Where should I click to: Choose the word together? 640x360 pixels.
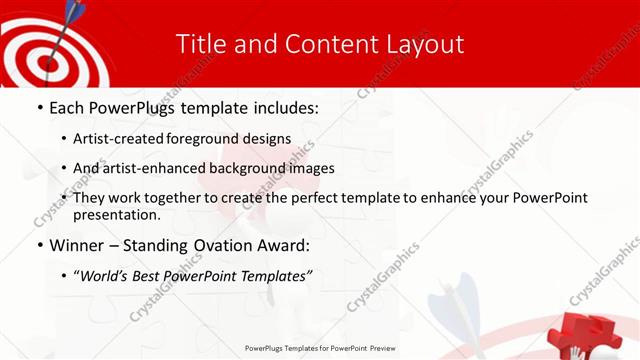click(185, 198)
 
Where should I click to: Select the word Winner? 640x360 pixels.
click(77, 245)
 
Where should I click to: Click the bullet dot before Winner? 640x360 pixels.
click(39, 245)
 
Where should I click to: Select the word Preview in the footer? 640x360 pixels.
click(376, 349)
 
